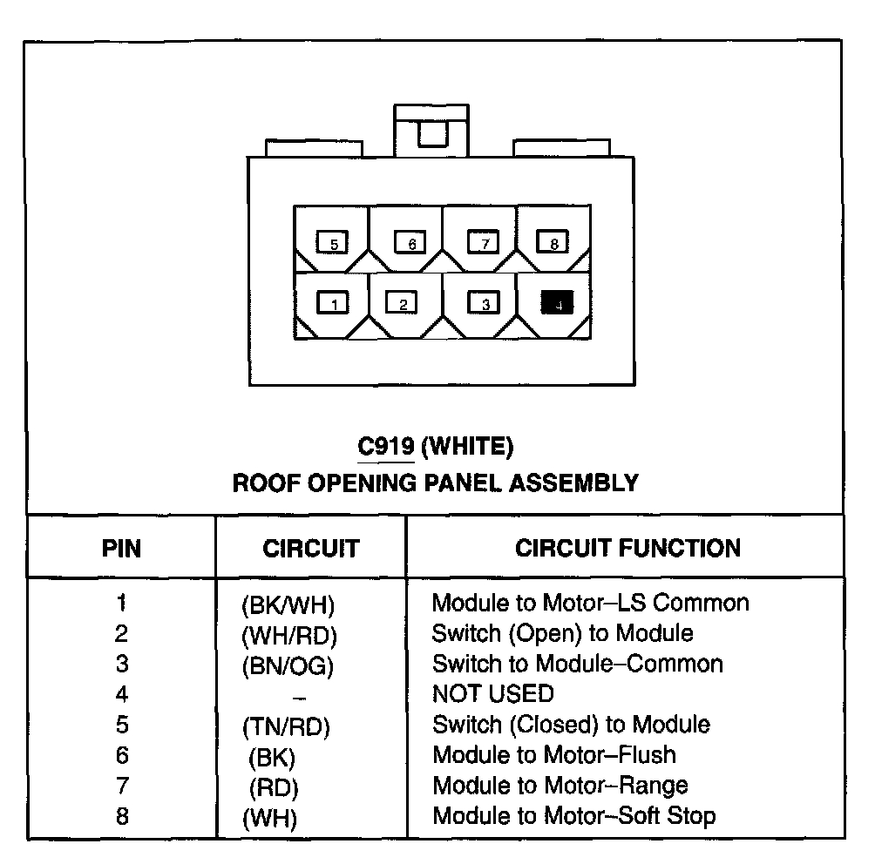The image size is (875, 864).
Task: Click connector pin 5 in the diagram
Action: pyautogui.click(x=332, y=243)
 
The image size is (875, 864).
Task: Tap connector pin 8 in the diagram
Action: pyautogui.click(x=553, y=243)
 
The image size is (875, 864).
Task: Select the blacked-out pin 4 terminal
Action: pyautogui.click(x=557, y=303)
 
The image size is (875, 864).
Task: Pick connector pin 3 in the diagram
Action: pyautogui.click(x=484, y=303)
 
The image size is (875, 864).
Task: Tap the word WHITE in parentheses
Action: pyautogui.click(x=467, y=447)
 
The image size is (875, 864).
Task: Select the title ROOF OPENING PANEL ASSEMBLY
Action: pyautogui.click(x=436, y=483)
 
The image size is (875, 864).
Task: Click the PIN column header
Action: pyautogui.click(x=122, y=549)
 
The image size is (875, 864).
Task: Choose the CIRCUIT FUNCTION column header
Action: pyautogui.click(x=627, y=548)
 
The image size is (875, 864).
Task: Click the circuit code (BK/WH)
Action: pyautogui.click(x=288, y=604)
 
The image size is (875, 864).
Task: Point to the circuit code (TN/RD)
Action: pyautogui.click(x=287, y=726)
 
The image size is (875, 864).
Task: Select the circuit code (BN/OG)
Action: pyautogui.click(x=288, y=666)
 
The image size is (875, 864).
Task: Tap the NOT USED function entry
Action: pyautogui.click(x=492, y=694)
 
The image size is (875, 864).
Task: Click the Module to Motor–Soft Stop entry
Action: pyautogui.click(x=573, y=816)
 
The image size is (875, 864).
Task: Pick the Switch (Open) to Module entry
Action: pyautogui.click(x=562, y=633)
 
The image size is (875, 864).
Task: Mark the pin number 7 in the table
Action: pyautogui.click(x=122, y=786)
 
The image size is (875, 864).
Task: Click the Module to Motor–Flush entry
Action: pyautogui.click(x=554, y=755)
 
